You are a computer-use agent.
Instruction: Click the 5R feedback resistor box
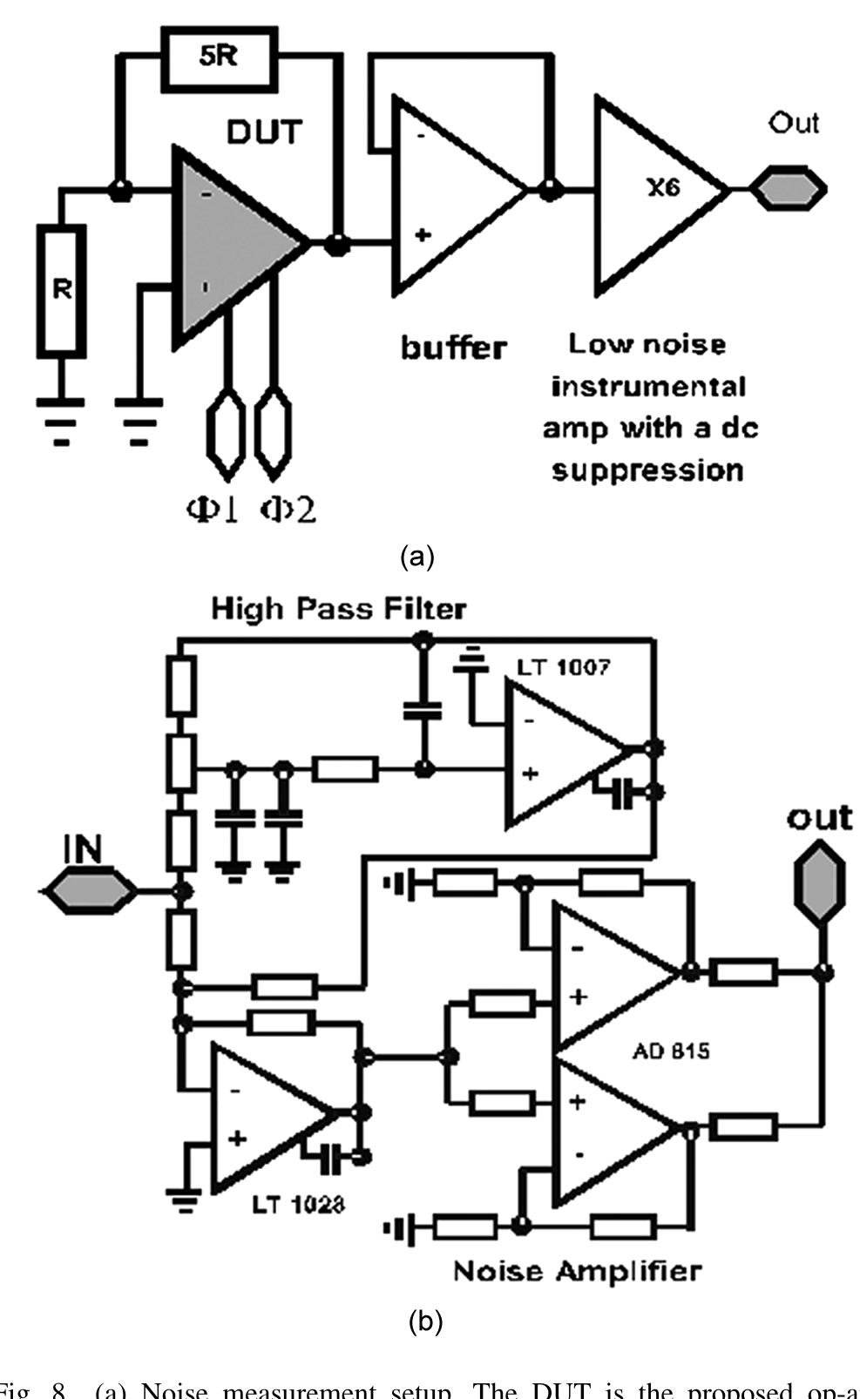click(217, 58)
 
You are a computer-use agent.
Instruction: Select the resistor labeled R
click(62, 290)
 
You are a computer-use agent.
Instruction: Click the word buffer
click(453, 348)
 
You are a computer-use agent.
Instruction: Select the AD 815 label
click(671, 1051)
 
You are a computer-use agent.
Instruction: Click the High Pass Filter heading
click(338, 609)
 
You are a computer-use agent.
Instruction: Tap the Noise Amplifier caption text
click(576, 1271)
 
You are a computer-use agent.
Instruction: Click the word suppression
click(648, 471)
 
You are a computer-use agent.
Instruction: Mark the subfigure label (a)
click(416, 556)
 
